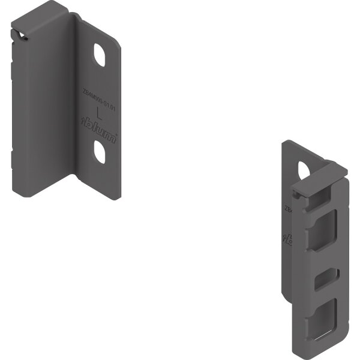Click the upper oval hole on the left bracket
pos(99,55)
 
